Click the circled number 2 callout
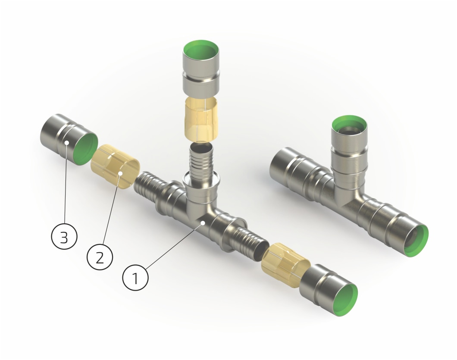[x=100, y=257]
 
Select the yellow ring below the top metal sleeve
[x=201, y=119]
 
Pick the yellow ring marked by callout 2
[x=115, y=166]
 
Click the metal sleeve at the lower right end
[x=329, y=290]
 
